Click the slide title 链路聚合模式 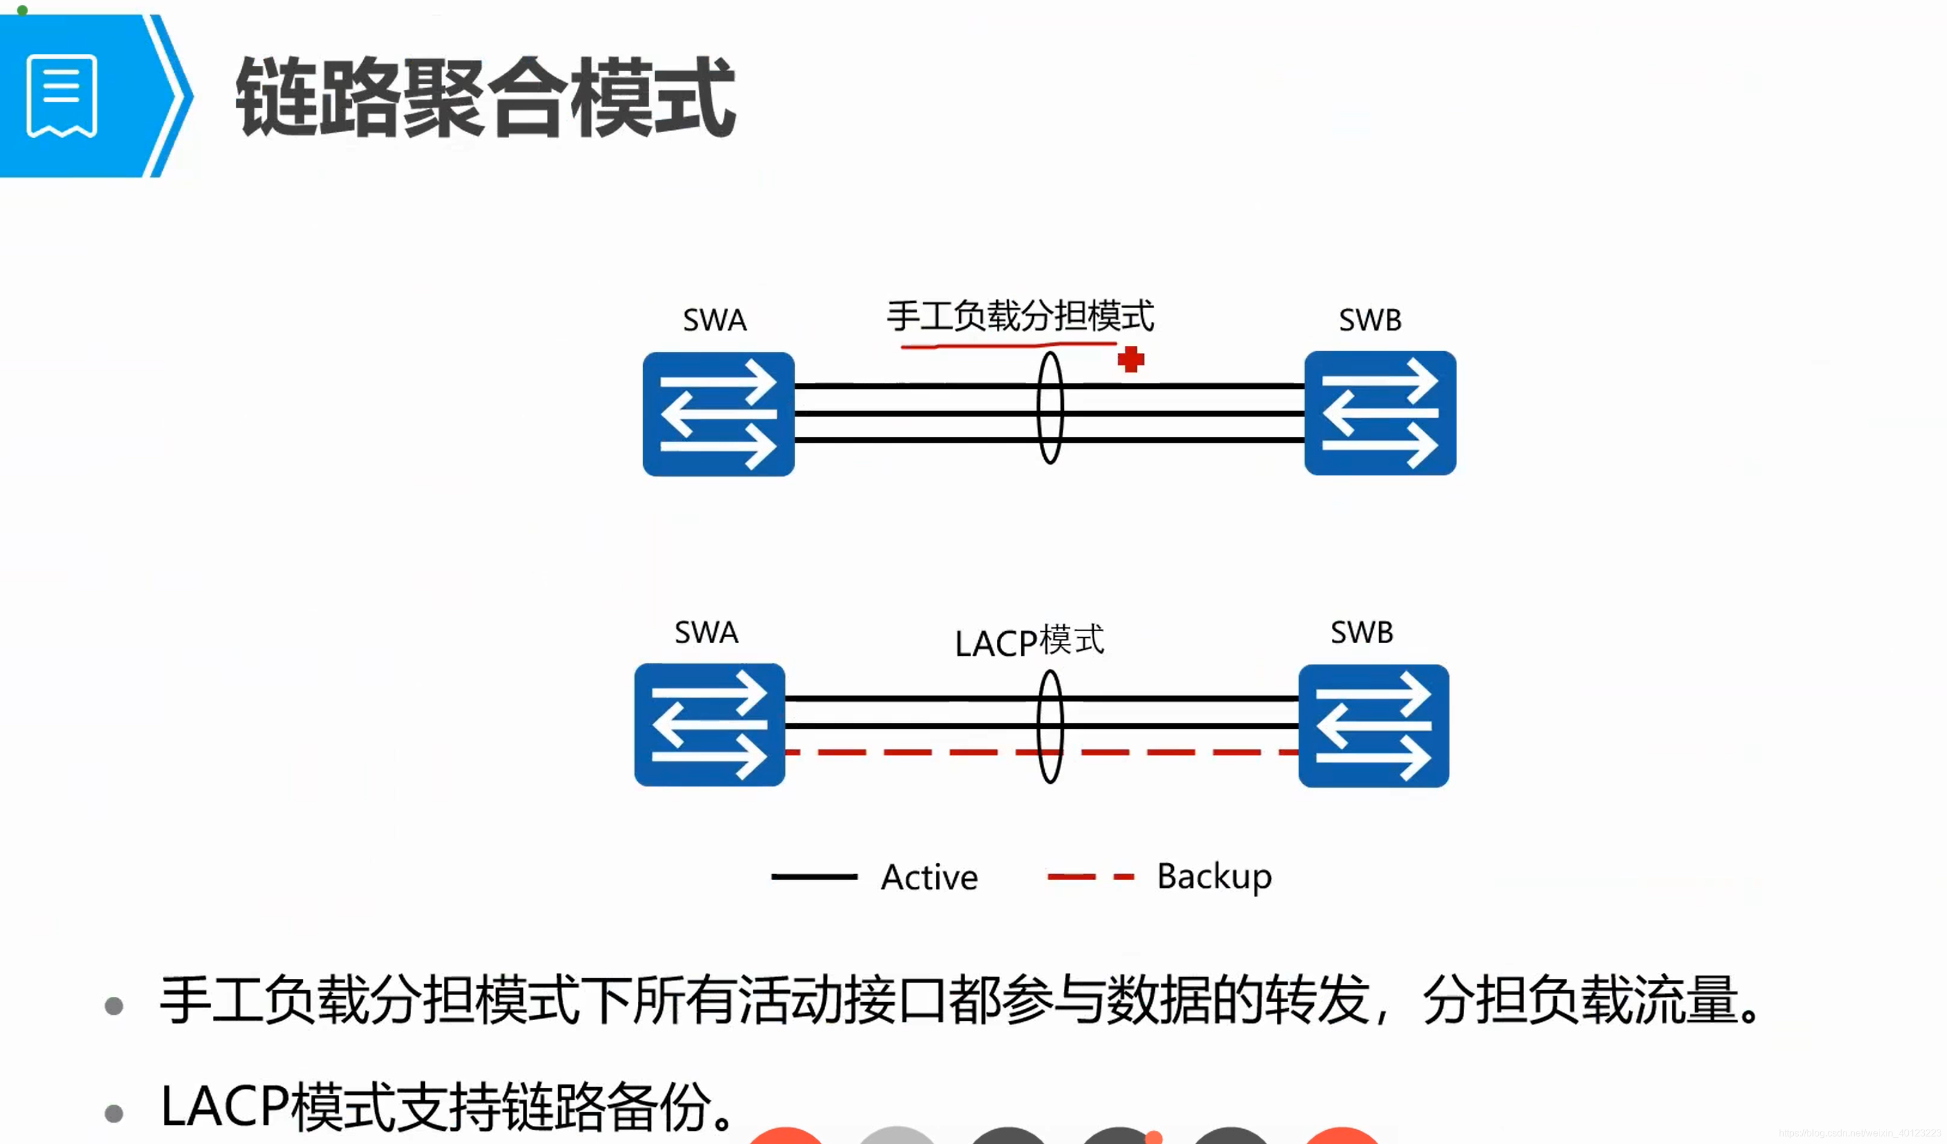coord(485,98)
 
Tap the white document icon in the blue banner coord(62,96)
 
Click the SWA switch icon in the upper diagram coord(718,414)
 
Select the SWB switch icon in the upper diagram coord(1380,413)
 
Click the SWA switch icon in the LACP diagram coord(709,725)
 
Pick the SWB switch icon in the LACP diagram coord(1373,725)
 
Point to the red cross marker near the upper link coord(1130,359)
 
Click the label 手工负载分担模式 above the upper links coord(1020,316)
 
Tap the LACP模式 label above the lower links coord(1029,641)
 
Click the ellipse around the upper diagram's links coord(1050,408)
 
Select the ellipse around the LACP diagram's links coord(1050,726)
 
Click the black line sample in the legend coord(814,877)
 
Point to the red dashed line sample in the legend coord(1090,877)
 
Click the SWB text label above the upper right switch coord(1370,320)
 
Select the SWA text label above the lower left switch coord(706,632)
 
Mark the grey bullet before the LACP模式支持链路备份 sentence coord(114,1113)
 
